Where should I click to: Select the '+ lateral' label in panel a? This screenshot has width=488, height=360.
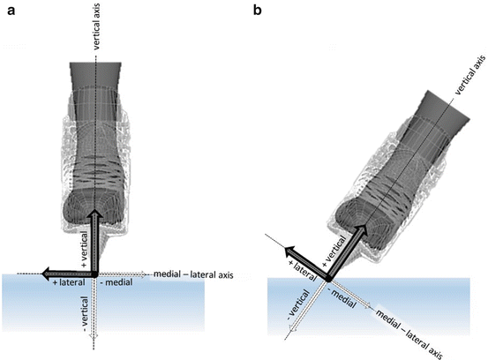coord(68,282)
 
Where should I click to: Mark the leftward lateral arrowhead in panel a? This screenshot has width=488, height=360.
coord(41,273)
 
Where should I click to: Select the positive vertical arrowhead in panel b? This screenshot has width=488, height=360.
coord(363,225)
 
